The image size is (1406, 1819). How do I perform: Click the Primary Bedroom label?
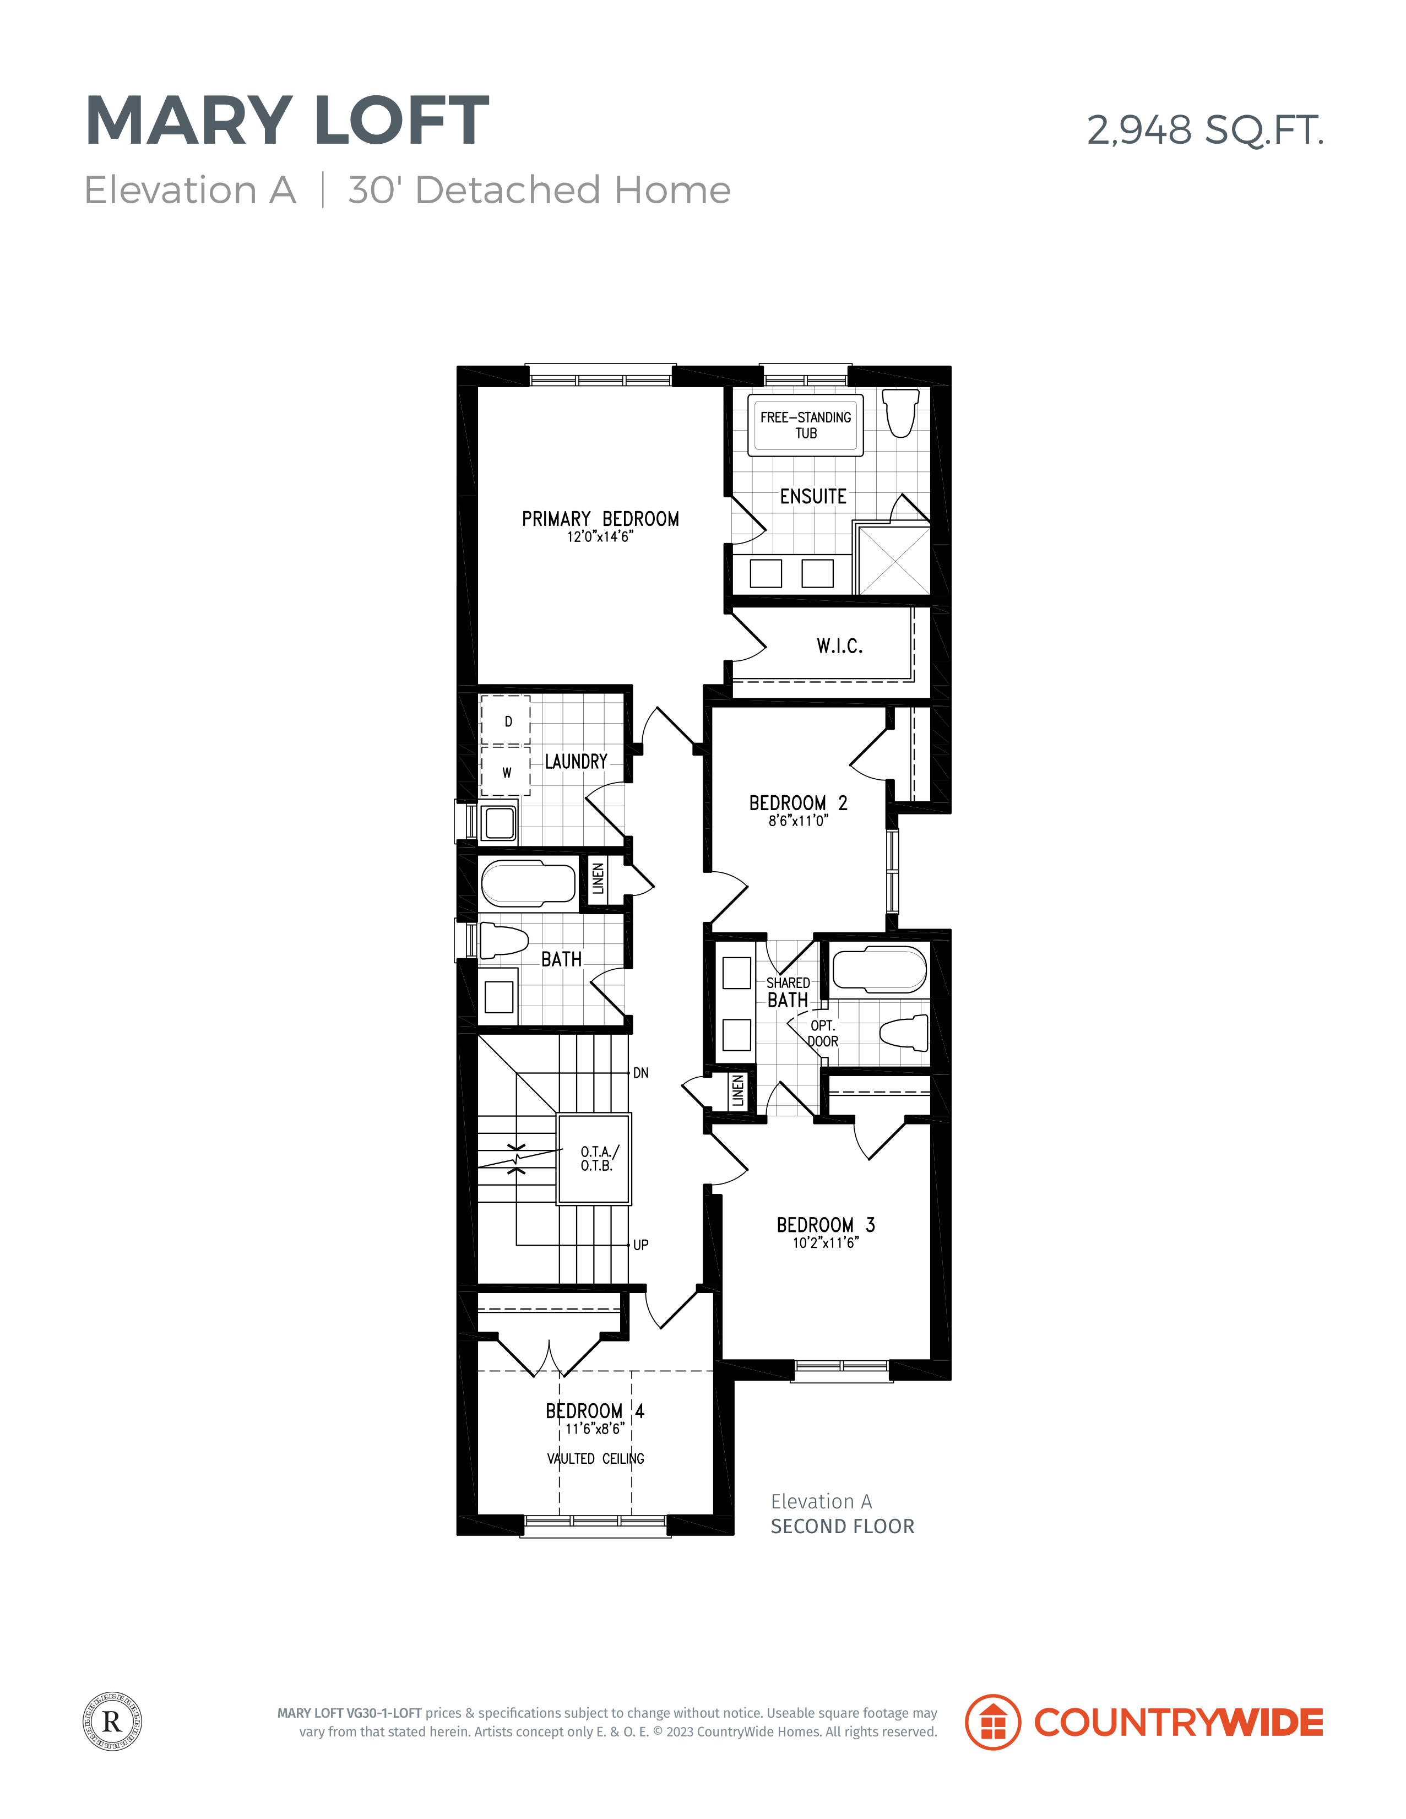pyautogui.click(x=600, y=519)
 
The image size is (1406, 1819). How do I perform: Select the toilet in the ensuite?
pyautogui.click(x=900, y=412)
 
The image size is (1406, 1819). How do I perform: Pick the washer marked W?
pyautogui.click(x=506, y=771)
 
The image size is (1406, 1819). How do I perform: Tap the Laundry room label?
pyautogui.click(x=576, y=761)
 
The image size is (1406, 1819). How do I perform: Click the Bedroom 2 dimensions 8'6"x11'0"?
pyautogui.click(x=798, y=821)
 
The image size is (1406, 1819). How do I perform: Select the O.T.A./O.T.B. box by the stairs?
pyautogui.click(x=594, y=1159)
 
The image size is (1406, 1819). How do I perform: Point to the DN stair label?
pyautogui.click(x=640, y=1073)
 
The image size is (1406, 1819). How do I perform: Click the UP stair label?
pyautogui.click(x=640, y=1245)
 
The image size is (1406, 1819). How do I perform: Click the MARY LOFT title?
pyautogui.click(x=287, y=120)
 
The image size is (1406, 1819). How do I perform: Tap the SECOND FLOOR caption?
pyautogui.click(x=842, y=1526)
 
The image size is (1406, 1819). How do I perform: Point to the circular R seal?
pyautogui.click(x=112, y=1722)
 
